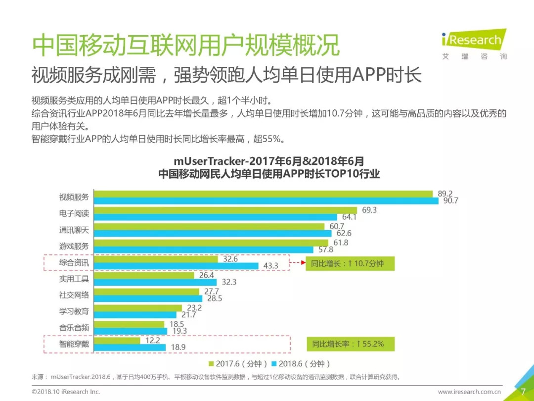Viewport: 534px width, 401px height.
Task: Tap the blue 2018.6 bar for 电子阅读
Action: [216, 217]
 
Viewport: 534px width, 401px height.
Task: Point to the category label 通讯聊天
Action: [74, 230]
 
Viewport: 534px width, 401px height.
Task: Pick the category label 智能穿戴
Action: [74, 343]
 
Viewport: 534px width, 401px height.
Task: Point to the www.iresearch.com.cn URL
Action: [470, 392]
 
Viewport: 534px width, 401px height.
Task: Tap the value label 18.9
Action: [178, 348]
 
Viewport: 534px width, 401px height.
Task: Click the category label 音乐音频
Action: [74, 327]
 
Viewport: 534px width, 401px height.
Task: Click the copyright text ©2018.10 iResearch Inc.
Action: [66, 392]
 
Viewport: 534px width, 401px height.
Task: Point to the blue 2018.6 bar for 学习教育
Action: [135, 314]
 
